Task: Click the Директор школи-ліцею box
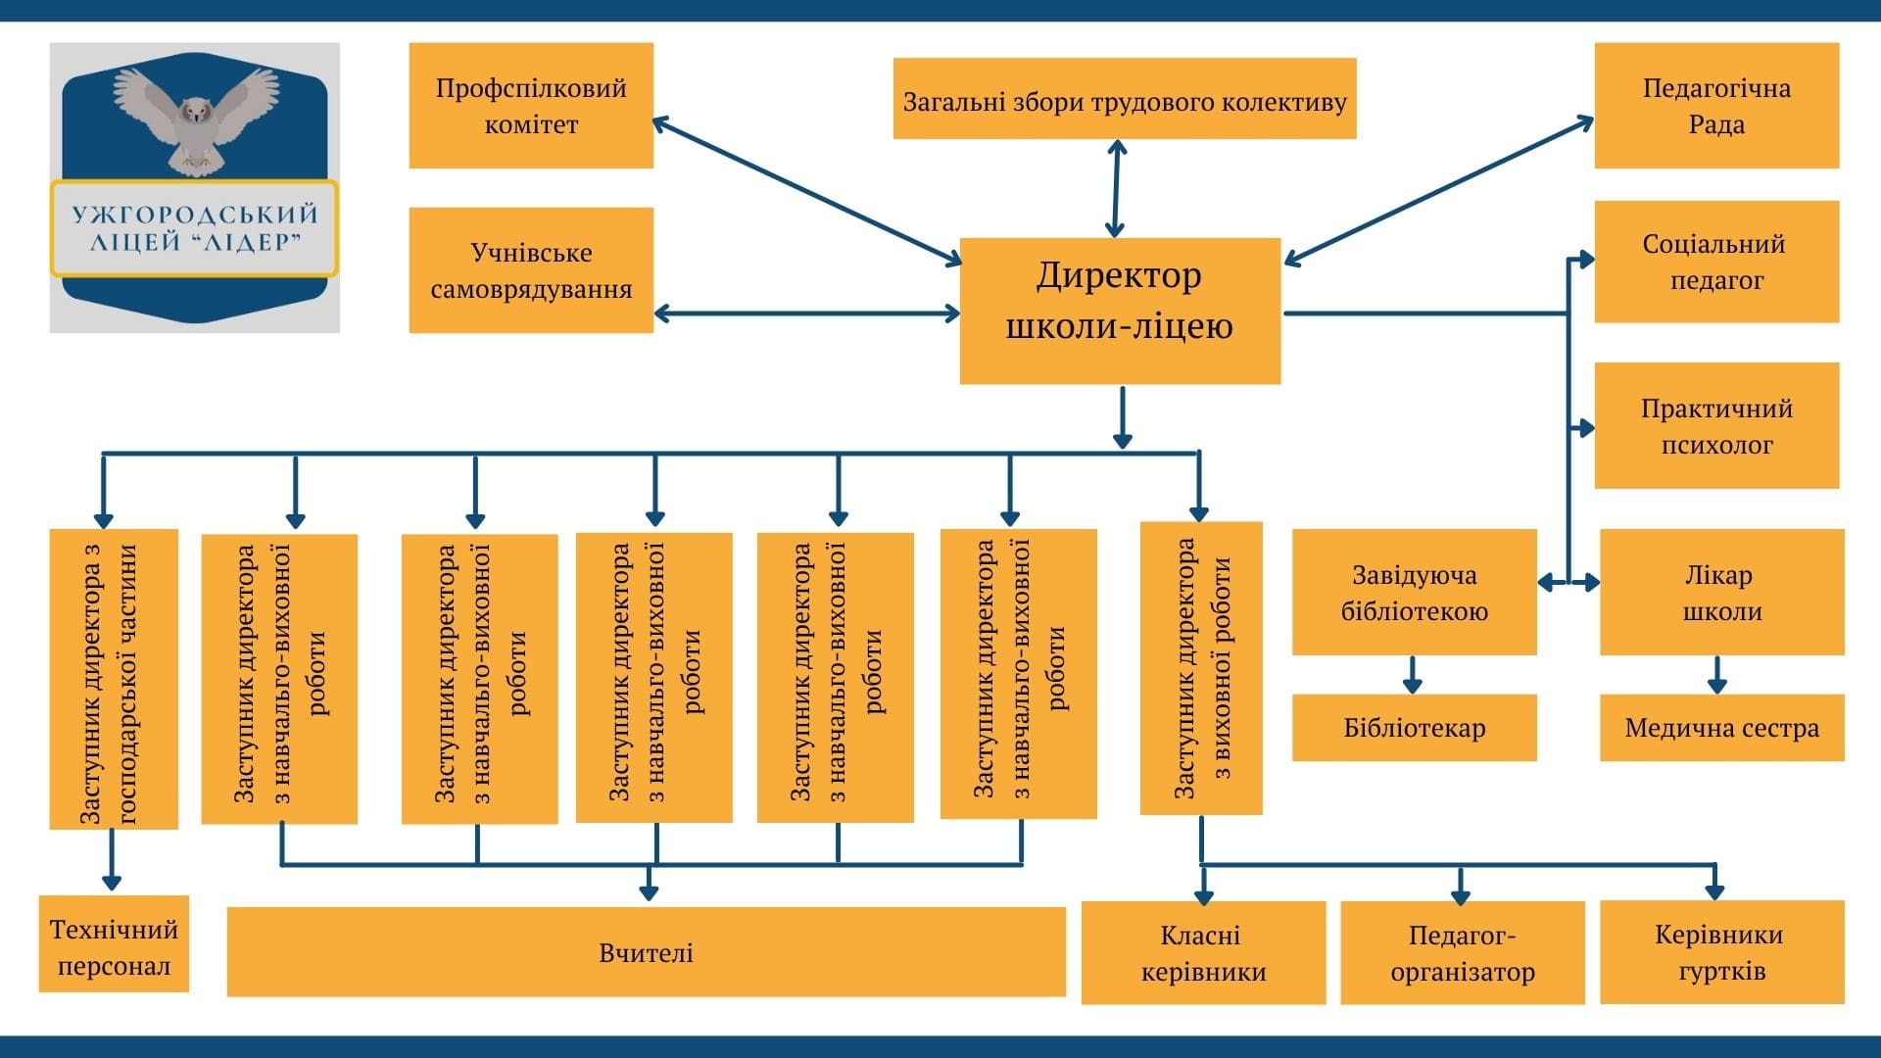1120,310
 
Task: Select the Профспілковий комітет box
531,105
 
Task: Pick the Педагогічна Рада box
1716,105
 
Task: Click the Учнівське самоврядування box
531,269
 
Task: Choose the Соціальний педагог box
1716,262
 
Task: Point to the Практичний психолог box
1716,425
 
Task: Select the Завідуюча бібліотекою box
1414,592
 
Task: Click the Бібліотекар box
1414,728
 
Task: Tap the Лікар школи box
1721,592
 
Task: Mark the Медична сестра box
1721,728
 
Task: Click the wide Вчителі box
646,951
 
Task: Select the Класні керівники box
1203,952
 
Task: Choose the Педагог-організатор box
1462,952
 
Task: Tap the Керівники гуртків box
1721,951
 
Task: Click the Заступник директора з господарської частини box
114,679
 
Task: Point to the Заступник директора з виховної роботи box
1201,668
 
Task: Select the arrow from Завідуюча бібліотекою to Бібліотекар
1412,674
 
